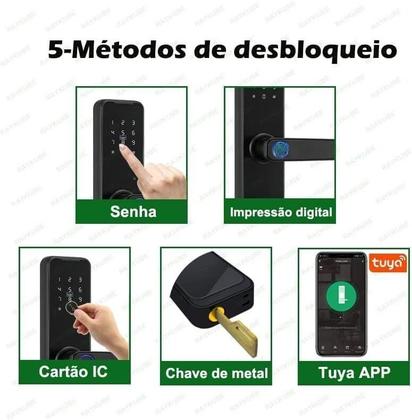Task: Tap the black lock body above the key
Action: (210, 285)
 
